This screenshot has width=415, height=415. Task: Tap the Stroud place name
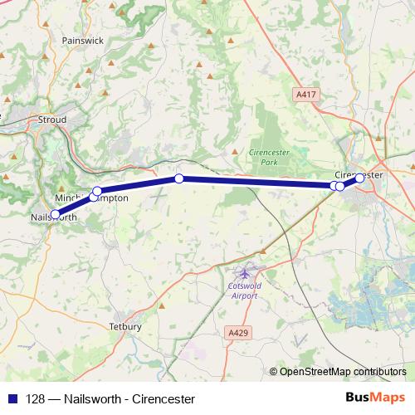[51, 120]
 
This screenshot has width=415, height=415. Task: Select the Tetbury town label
[125, 326]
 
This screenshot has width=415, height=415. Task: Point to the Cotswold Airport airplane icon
[244, 272]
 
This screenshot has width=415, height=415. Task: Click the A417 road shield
[306, 95]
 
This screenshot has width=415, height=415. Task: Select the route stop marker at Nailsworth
[56, 214]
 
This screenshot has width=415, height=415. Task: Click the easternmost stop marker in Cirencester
[359, 178]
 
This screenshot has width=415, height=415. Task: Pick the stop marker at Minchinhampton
[97, 192]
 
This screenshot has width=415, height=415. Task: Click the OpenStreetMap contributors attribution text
[343, 372]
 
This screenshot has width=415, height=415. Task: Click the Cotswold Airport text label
[245, 290]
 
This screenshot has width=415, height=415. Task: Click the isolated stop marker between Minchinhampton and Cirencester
[178, 178]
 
